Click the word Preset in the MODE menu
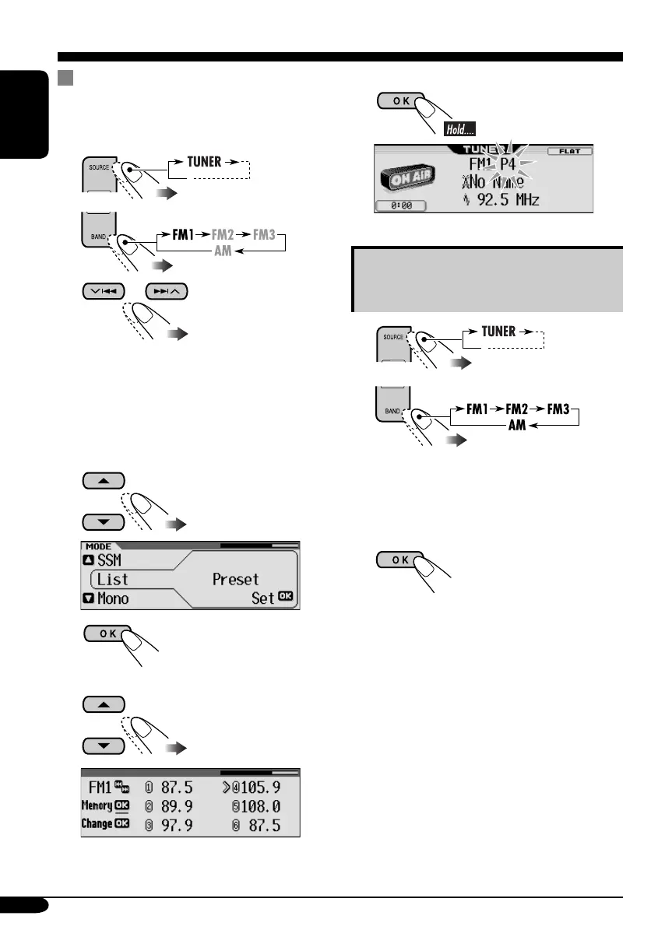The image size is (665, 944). (x=235, y=580)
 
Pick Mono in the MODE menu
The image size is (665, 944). (x=113, y=599)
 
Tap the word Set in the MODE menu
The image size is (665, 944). (x=261, y=599)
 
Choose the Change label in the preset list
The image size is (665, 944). (x=97, y=823)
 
